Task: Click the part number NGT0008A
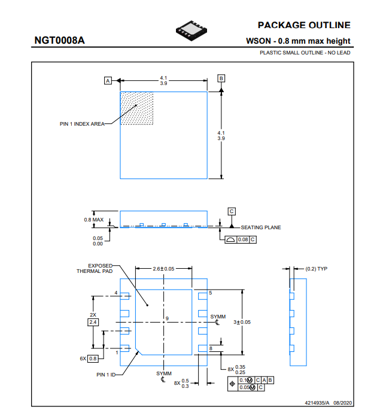tap(60, 40)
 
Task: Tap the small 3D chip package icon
tap(191, 31)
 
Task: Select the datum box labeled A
tap(108, 81)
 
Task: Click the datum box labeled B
tap(221, 78)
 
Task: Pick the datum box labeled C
tap(232, 211)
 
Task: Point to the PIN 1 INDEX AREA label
tap(82, 124)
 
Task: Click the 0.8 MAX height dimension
tap(94, 220)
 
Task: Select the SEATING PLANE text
tap(261, 227)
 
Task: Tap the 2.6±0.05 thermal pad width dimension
tap(163, 269)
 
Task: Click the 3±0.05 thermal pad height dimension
tap(242, 322)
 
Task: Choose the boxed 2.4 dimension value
tap(93, 322)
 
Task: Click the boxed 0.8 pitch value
tap(93, 359)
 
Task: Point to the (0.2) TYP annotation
tap(316, 269)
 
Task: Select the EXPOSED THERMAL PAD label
tap(95, 269)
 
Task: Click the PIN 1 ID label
tap(106, 375)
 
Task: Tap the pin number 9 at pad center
tap(168, 318)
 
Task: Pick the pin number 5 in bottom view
tap(211, 293)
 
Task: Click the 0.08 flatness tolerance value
tap(243, 239)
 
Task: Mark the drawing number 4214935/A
tap(317, 403)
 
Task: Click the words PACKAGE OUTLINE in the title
tap(304, 25)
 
